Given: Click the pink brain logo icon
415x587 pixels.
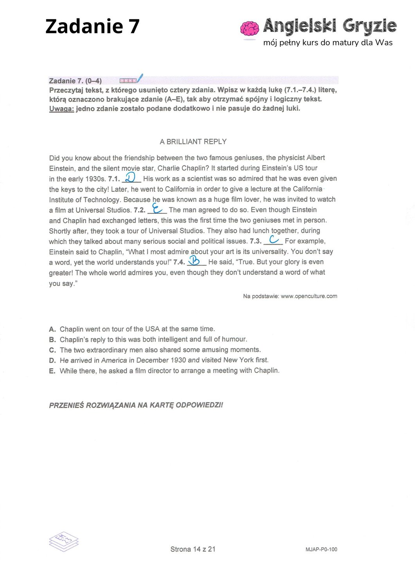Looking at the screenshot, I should tap(250, 28).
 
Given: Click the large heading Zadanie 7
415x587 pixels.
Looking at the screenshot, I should tap(92, 27).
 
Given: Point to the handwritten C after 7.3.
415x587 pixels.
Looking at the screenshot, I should tap(273, 239).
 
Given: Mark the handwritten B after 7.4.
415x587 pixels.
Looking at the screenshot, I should tap(195, 260).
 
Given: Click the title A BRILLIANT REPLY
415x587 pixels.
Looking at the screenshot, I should tap(193, 142).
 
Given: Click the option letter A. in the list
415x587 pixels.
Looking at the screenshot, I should tap(52, 329).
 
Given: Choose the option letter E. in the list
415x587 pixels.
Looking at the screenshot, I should tap(52, 371).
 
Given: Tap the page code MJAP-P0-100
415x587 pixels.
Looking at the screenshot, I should tap(321, 549).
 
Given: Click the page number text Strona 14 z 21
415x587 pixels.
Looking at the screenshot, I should tap(193, 549).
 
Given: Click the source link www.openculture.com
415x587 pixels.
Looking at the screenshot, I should tap(309, 296).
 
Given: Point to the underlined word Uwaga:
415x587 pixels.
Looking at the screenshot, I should tap(61, 109).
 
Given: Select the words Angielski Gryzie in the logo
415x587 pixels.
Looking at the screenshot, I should tap(330, 26).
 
